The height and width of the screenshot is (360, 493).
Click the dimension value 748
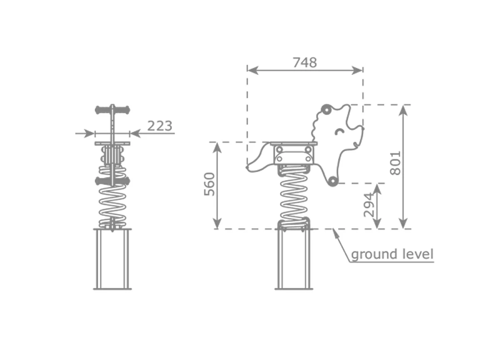pos(305,62)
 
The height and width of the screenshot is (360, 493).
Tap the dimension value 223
pos(160,126)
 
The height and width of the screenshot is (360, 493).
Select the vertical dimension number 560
pos(210,184)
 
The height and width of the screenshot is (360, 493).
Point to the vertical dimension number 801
pos(396,163)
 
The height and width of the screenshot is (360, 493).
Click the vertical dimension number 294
pos(369,205)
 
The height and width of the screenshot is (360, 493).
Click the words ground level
pos(392,254)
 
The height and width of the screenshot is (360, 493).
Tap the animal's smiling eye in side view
pos(340,132)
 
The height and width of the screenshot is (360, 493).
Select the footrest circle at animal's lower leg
pos(332,181)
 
